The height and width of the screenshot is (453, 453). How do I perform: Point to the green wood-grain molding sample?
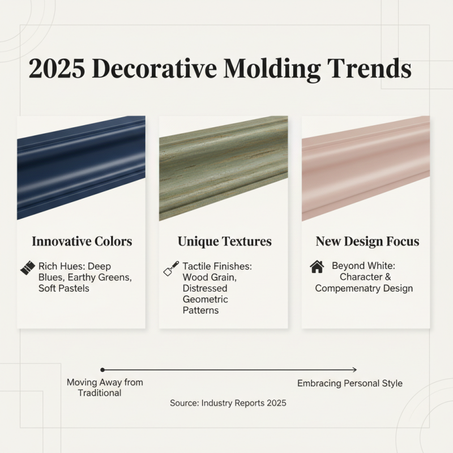click(223, 167)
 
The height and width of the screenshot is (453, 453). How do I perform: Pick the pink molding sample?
click(365, 164)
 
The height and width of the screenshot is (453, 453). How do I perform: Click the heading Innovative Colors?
click(82, 241)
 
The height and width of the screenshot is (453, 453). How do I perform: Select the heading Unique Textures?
click(224, 241)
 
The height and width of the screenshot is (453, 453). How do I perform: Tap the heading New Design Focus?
click(367, 241)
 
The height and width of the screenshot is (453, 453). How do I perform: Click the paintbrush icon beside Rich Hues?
click(27, 268)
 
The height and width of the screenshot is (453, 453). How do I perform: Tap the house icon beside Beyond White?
click(317, 266)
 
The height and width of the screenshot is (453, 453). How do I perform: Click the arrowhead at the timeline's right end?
click(354, 369)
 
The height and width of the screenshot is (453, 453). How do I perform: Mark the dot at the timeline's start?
click(102, 369)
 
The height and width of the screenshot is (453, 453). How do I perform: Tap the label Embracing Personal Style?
click(350, 383)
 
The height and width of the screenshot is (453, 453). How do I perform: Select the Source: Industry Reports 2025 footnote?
click(228, 403)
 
